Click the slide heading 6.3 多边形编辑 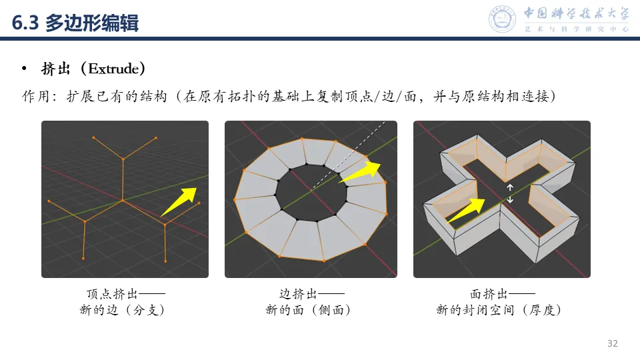75,23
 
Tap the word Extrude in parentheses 113,69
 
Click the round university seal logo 502,19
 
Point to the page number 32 612,343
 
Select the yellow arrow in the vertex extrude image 179,201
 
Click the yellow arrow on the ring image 360,172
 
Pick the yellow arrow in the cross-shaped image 466,210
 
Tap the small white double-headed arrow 510,193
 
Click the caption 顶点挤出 112,294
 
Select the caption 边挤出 298,294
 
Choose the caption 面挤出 489,294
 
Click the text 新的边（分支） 122,310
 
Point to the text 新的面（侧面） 308,310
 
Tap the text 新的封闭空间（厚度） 499,310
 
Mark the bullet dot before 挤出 25,69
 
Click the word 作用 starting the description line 36,96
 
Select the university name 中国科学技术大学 576,13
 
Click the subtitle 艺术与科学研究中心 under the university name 576,29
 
